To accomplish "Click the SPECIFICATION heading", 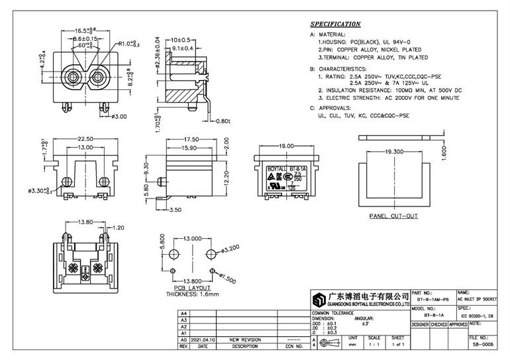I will pos(336,24).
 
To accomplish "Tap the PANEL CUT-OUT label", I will pos(393,216).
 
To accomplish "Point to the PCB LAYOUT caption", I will pos(191,289).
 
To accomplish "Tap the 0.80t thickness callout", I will pos(222,121).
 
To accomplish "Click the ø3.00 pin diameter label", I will pos(119,116).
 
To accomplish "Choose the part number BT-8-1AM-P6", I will pos(432,299).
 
